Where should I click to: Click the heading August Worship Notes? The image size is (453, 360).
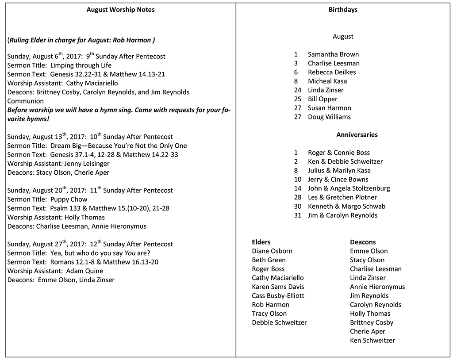(120, 10)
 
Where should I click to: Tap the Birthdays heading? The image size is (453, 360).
(343, 10)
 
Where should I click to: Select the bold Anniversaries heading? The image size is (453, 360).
(357, 134)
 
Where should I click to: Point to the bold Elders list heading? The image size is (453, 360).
(261, 242)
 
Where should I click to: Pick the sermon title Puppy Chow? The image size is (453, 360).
(69, 199)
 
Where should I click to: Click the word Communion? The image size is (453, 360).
(26, 101)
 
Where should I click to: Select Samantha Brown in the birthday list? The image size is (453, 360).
(333, 54)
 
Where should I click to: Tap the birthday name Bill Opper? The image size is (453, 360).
(322, 99)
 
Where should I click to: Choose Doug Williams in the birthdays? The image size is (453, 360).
(329, 117)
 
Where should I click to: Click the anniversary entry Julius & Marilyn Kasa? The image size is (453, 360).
(339, 170)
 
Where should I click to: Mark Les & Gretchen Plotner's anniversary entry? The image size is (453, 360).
(342, 197)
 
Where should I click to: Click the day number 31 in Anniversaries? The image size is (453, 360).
(298, 215)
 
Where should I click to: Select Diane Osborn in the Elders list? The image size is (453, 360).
(272, 251)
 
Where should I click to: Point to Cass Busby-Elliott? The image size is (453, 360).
(278, 296)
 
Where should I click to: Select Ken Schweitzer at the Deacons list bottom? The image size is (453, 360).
(372, 341)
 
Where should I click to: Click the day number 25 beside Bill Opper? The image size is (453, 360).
(298, 99)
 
